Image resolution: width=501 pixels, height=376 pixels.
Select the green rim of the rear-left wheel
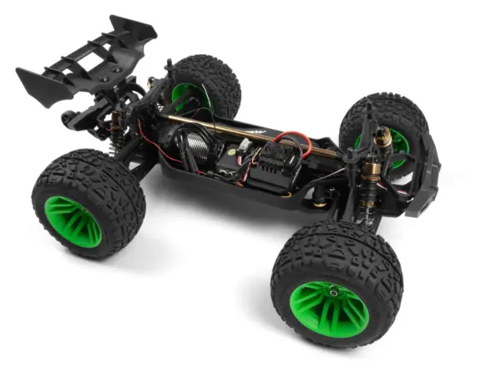tap(73, 221)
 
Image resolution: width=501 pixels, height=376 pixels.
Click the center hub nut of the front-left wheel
tap(333, 292)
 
